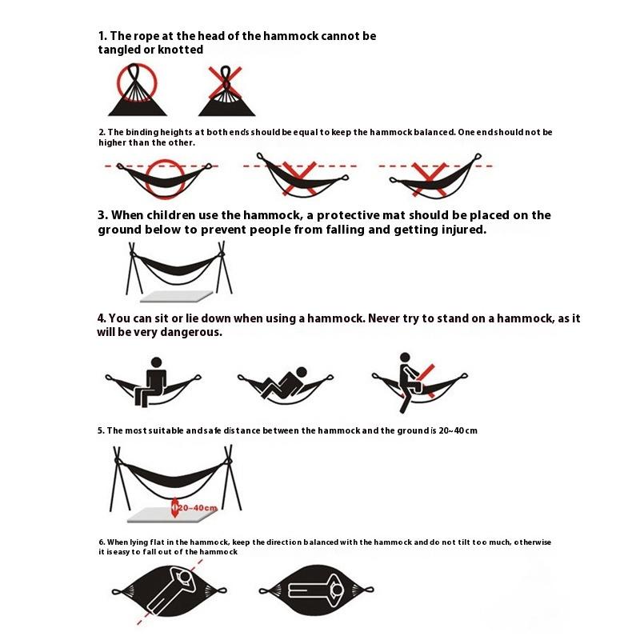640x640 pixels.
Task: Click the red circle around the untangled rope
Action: tap(117, 84)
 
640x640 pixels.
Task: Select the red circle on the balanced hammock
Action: tap(146, 178)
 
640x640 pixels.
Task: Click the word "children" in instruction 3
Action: tap(170, 215)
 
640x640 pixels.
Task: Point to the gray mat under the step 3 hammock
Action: tap(176, 296)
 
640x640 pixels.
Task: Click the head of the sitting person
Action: tap(156, 362)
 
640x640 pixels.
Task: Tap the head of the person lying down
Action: tap(302, 372)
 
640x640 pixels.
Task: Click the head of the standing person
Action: tap(405, 358)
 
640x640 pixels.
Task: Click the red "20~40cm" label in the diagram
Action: tap(198, 508)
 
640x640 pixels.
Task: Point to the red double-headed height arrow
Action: tap(174, 507)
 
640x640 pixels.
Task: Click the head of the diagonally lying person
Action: tap(185, 577)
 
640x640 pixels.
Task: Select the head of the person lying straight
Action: tap(338, 590)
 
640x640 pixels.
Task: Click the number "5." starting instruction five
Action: tap(102, 430)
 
